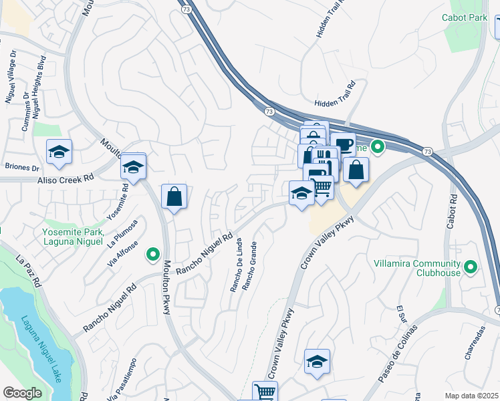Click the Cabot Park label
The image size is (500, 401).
tap(465, 17)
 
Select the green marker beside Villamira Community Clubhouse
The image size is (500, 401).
tap(471, 268)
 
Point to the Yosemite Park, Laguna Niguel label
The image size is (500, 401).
tap(73, 237)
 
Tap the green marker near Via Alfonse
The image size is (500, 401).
tap(153, 254)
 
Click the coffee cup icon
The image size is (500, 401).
tap(343, 144)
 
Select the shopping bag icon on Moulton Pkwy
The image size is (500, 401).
tap(174, 196)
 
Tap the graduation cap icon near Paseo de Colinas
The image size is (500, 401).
tap(317, 362)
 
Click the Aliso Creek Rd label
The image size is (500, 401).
tap(65, 179)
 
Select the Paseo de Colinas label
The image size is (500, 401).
tap(397, 354)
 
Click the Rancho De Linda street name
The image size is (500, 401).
tap(235, 266)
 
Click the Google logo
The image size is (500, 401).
tap(22, 393)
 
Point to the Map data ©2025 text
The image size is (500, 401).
tap(471, 396)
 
